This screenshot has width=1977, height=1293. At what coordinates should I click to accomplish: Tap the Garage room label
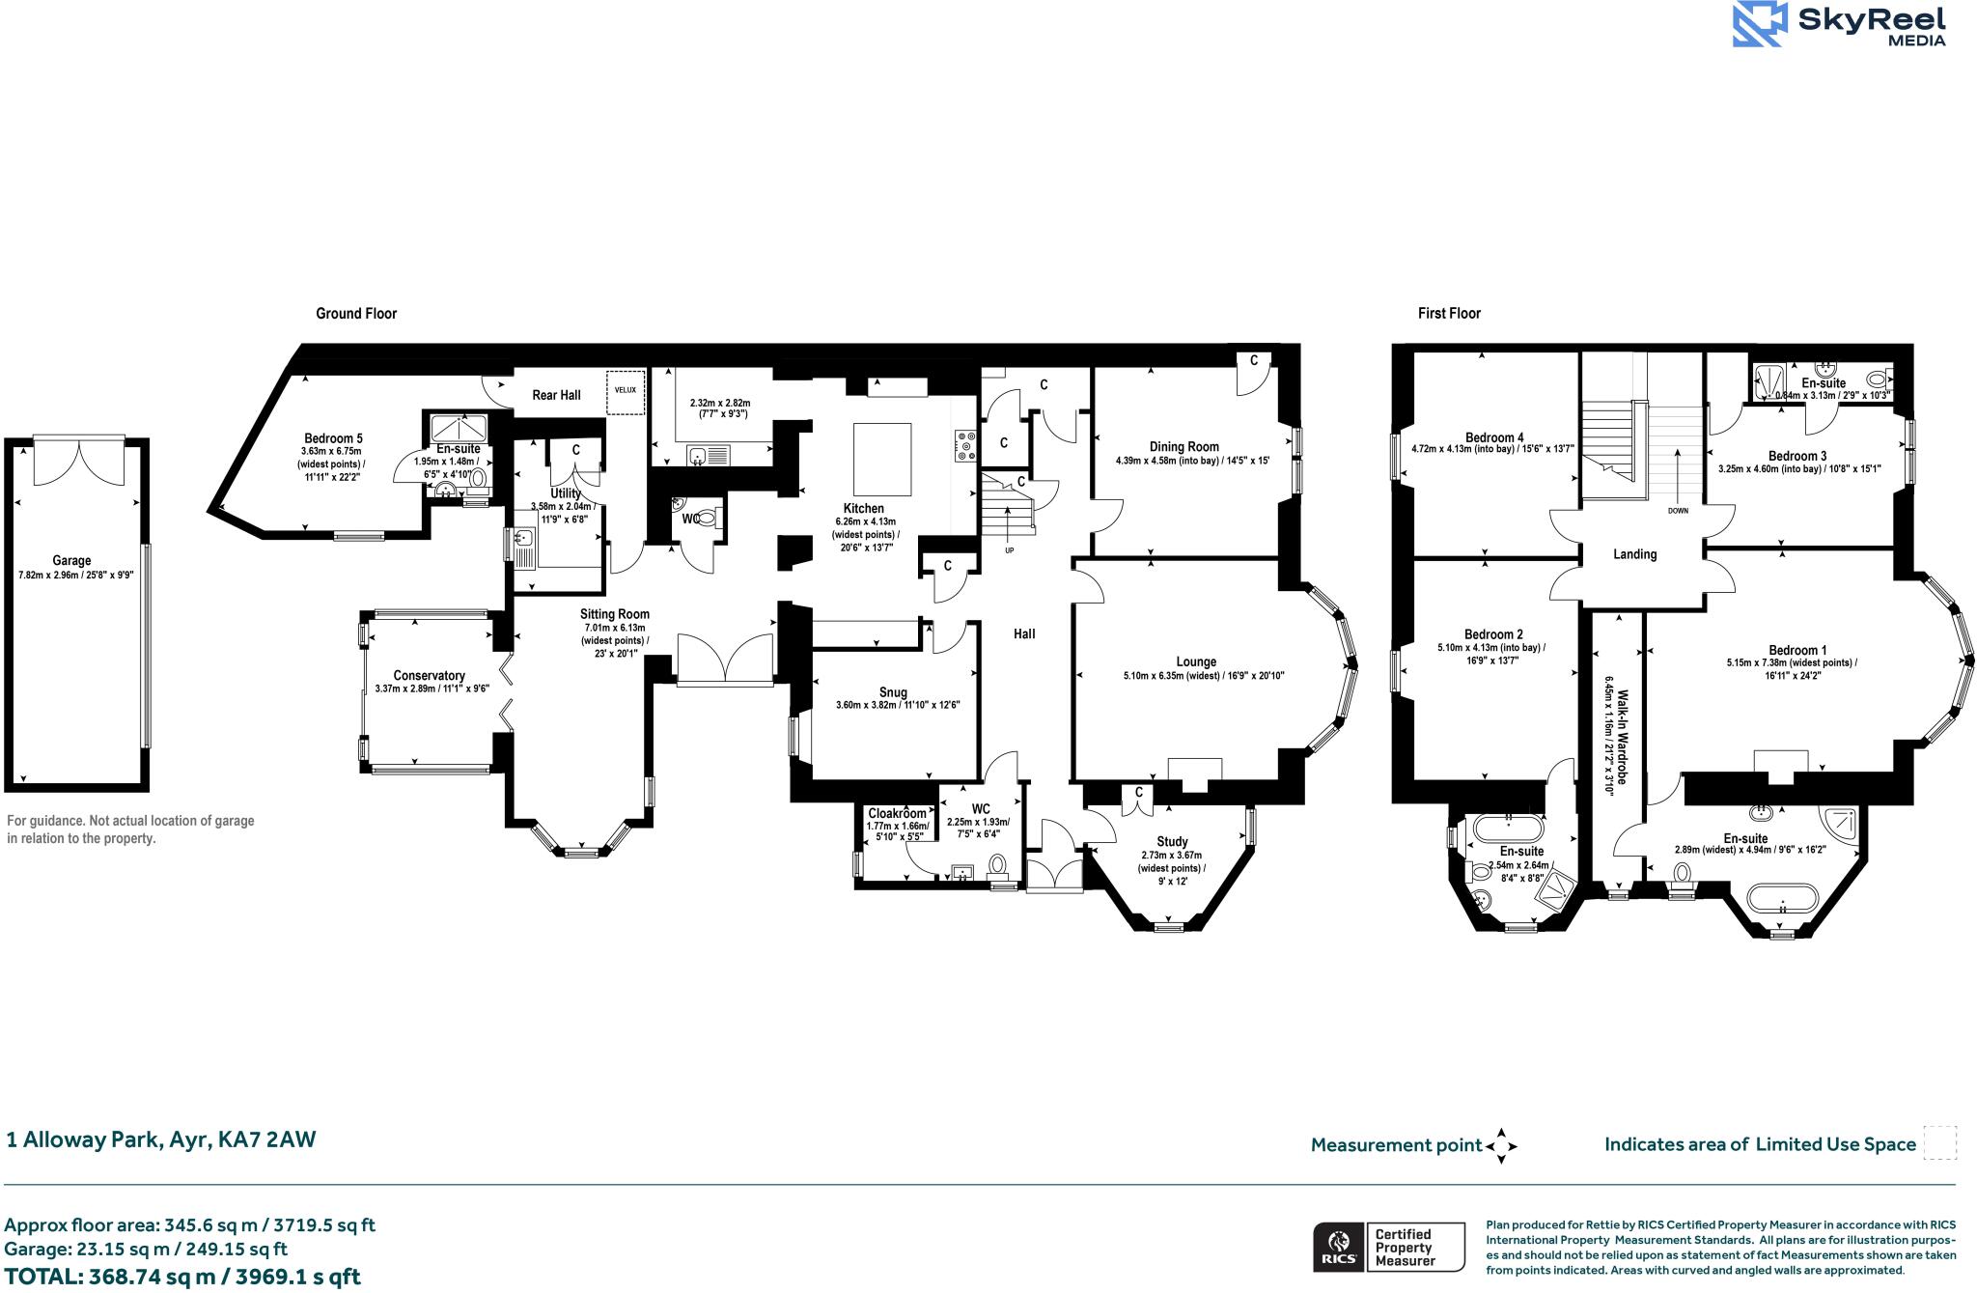click(71, 560)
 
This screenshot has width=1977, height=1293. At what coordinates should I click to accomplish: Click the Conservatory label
click(429, 675)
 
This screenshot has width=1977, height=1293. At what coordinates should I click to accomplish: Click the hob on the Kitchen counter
click(965, 444)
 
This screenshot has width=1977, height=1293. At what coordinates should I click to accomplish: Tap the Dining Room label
click(1183, 446)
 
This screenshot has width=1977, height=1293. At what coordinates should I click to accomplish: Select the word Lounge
click(1196, 661)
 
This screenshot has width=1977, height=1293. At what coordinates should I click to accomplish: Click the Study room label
click(1172, 841)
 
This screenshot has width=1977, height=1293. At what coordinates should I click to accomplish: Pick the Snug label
click(893, 691)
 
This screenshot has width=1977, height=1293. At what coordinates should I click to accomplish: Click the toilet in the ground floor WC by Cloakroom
click(998, 865)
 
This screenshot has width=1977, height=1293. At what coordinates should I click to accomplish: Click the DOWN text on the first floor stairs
click(1678, 511)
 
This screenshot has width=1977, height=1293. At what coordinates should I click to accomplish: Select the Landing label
click(1634, 554)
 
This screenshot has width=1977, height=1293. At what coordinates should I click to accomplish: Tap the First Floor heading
click(1449, 313)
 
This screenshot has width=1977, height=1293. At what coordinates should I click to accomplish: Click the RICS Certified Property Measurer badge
click(1387, 1247)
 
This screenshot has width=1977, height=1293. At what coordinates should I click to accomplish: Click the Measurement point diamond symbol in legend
click(1501, 1146)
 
